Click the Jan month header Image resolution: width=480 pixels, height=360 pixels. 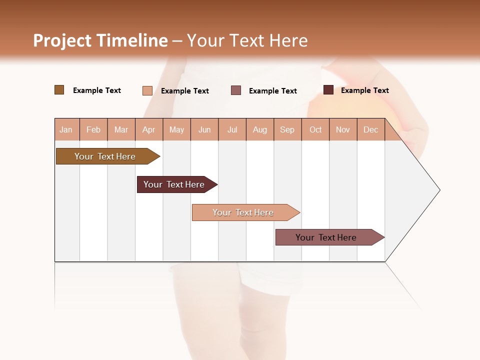tap(66, 129)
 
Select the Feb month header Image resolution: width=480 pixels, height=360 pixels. tap(93, 129)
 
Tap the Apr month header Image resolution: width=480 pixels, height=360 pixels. tap(149, 129)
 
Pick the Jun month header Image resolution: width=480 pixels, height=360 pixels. tap(204, 129)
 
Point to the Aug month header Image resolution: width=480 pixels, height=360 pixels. tap(260, 129)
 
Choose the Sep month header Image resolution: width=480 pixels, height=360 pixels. tap(287, 129)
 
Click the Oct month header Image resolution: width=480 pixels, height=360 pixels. tap(315, 129)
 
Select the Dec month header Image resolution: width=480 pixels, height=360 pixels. tap(371, 129)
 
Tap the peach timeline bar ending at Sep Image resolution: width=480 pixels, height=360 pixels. tap(244, 212)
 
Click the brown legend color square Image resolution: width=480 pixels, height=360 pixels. tap(59, 90)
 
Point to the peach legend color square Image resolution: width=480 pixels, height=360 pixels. tap(147, 90)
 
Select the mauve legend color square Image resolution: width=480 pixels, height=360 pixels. tap(236, 90)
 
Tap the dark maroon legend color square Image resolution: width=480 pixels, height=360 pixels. tap(328, 90)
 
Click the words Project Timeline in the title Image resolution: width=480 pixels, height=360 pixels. tap(100, 40)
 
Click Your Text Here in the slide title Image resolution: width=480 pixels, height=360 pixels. tap(247, 40)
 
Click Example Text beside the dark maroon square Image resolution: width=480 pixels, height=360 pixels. tap(365, 90)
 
